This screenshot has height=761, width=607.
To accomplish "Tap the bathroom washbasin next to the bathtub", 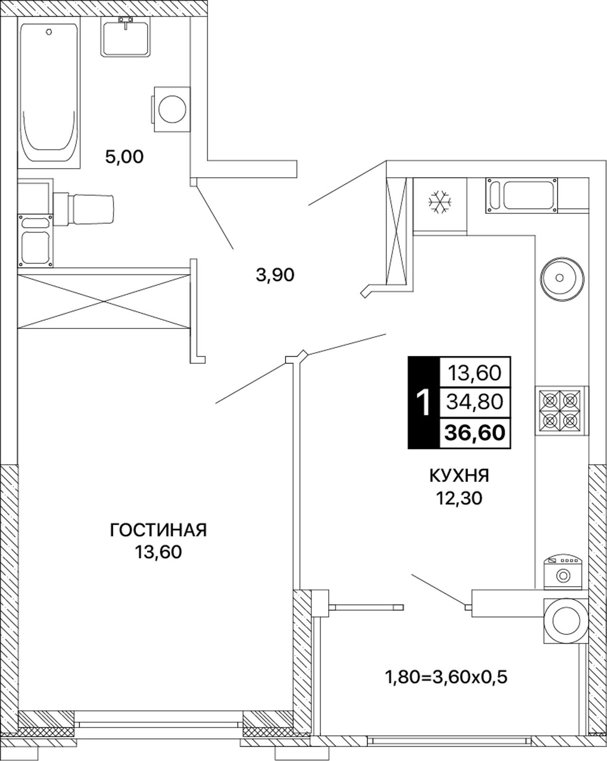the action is (x=126, y=36).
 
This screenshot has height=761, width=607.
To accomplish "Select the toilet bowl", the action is (x=84, y=208).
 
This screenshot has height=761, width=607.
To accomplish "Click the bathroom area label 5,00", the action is (x=125, y=157).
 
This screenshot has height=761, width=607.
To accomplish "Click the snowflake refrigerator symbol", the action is (x=440, y=202).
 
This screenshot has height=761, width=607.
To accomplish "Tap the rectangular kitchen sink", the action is (x=522, y=196).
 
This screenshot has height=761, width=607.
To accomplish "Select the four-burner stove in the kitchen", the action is (x=560, y=410).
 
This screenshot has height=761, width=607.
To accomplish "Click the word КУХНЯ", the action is (x=459, y=476).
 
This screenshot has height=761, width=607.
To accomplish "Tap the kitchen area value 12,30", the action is (x=459, y=498).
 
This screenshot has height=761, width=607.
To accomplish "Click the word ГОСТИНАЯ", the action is (x=158, y=530).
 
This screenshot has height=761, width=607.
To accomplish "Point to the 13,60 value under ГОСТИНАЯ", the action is (x=158, y=553).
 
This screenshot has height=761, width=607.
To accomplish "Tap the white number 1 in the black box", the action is (x=423, y=402).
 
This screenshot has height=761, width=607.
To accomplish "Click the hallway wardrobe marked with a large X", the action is (x=104, y=301).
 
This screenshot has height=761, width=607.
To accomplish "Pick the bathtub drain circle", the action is (x=49, y=32).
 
